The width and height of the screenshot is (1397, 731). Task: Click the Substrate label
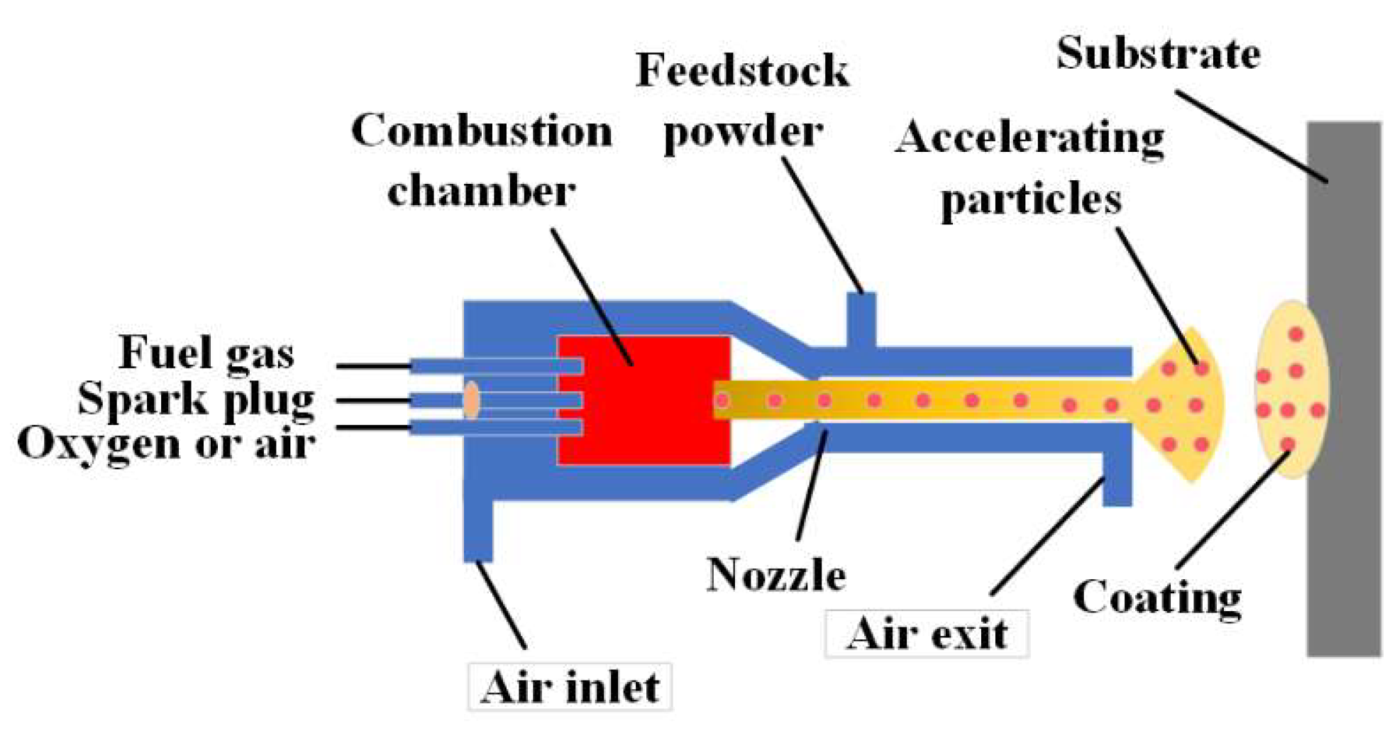[1158, 53]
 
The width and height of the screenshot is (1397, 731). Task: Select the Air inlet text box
[570, 687]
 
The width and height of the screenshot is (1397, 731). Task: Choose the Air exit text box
[927, 633]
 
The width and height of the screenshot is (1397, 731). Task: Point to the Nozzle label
[776, 574]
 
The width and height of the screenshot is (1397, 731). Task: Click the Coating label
[1156, 598]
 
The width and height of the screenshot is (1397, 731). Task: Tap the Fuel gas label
[206, 352]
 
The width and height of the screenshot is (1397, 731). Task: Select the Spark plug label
[196, 399]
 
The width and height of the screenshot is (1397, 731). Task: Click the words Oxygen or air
[166, 444]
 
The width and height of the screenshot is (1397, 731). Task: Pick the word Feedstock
[741, 71]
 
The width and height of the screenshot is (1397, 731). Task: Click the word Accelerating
[1029, 137]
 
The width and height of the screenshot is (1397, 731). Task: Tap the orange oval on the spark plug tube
[471, 400]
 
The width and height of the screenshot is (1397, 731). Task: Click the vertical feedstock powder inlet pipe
[862, 319]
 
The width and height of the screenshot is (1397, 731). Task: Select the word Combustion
[482, 131]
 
